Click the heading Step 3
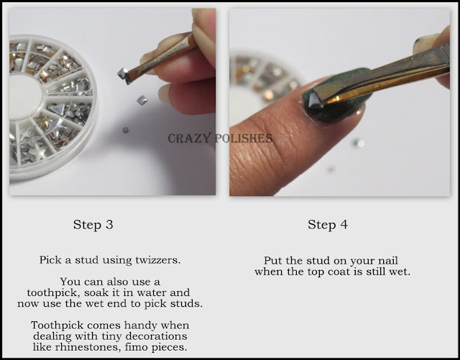(93, 225)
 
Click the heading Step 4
(328, 225)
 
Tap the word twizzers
(158, 260)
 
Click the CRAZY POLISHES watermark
(220, 138)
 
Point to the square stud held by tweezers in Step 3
(122, 73)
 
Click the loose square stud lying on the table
(142, 100)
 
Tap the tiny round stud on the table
(126, 129)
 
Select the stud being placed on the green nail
(316, 101)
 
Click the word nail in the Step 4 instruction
(388, 261)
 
